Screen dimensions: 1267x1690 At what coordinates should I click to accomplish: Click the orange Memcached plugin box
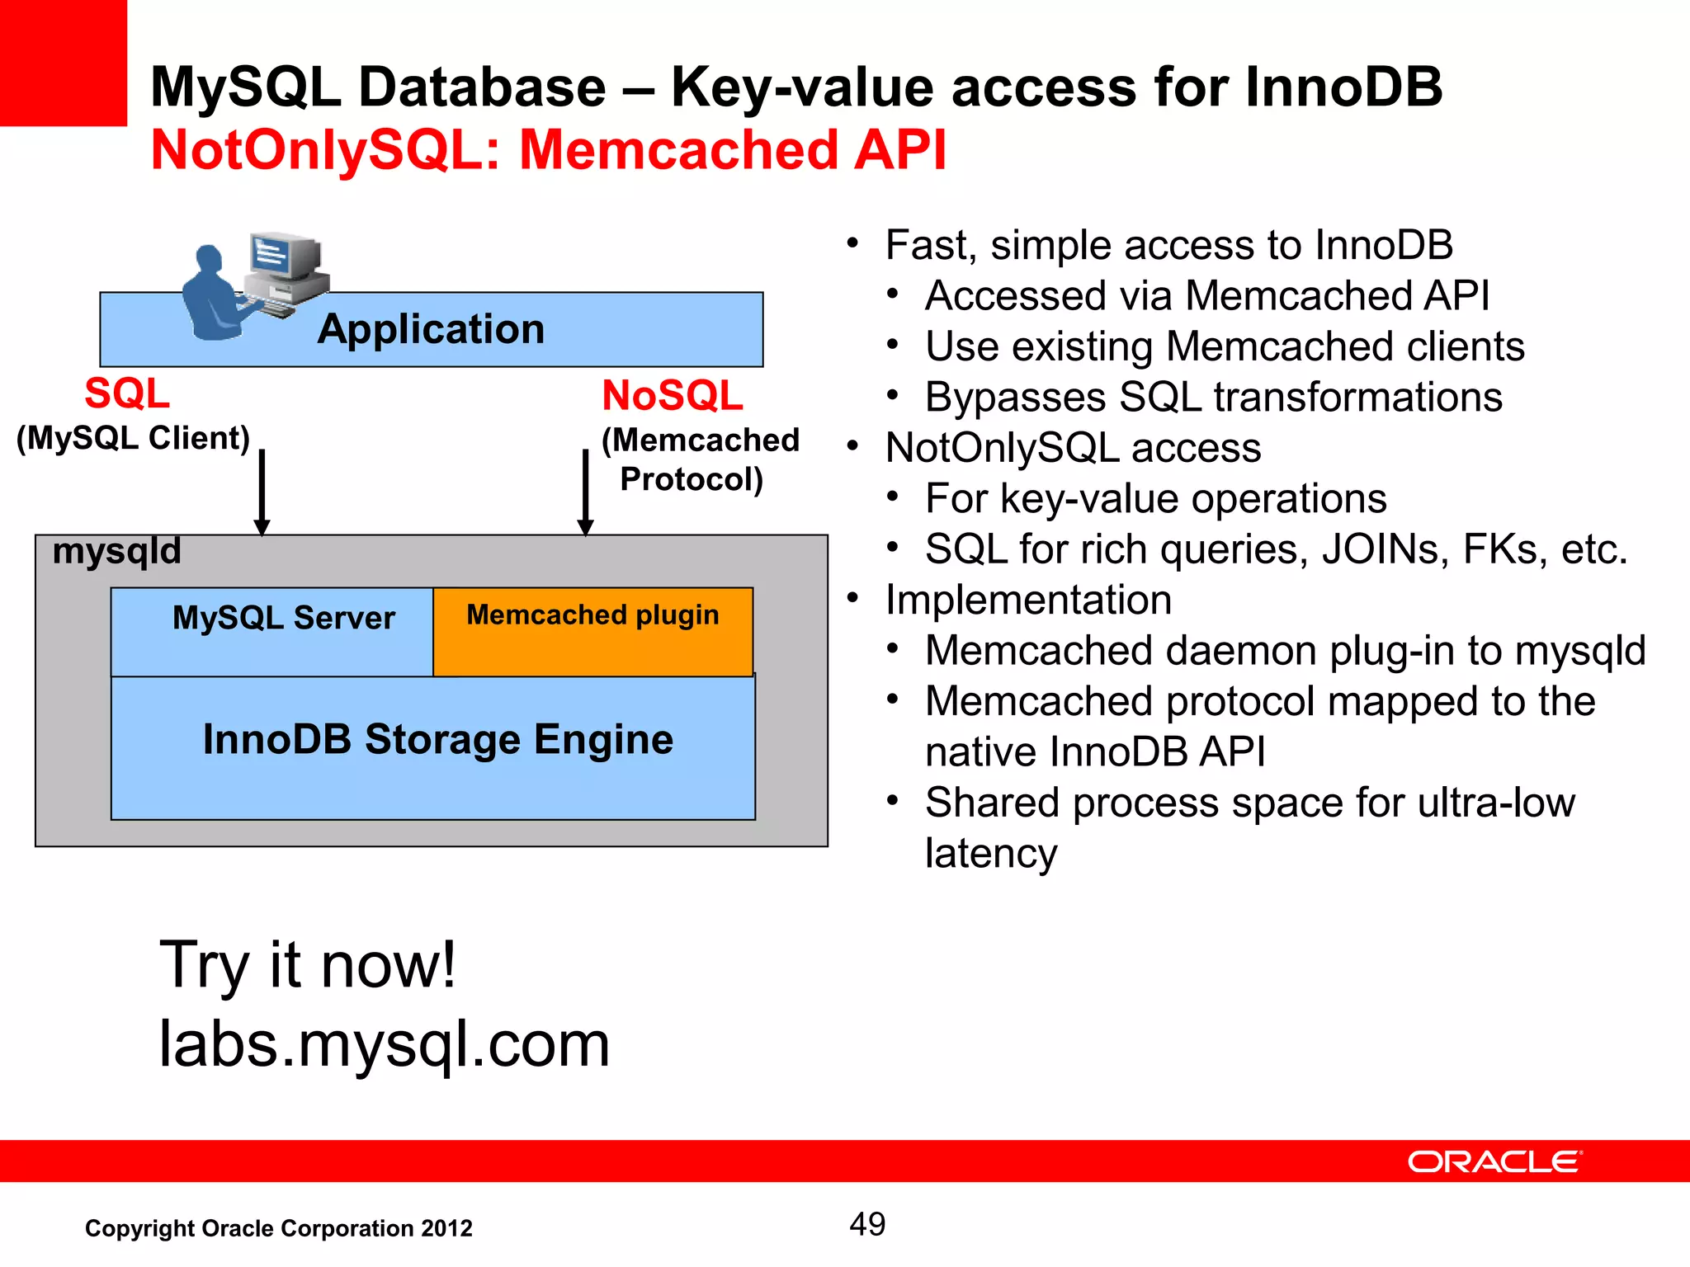592,632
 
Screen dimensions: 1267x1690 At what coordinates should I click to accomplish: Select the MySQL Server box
272,632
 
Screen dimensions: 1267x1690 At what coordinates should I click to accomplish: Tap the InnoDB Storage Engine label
437,739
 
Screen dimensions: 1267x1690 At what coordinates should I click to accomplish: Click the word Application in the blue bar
431,329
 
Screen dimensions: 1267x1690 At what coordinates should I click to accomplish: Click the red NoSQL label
672,396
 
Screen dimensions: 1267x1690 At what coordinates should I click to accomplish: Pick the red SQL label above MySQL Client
127,393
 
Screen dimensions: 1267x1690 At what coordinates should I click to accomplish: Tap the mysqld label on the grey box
116,551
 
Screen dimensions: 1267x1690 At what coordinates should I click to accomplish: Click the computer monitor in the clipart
281,257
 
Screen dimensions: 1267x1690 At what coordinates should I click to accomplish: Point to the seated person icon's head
208,259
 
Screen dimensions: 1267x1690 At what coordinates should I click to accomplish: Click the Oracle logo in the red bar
1494,1161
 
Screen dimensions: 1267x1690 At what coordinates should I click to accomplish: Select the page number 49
867,1224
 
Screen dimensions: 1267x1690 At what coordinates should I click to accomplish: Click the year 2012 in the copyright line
446,1228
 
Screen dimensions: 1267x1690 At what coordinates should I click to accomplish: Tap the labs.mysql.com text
384,1044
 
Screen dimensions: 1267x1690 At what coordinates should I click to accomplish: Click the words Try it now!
307,965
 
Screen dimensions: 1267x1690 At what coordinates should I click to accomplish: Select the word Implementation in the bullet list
1028,600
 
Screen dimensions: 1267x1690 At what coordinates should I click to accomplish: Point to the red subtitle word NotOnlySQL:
326,150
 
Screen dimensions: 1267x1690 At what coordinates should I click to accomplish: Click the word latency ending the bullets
990,853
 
